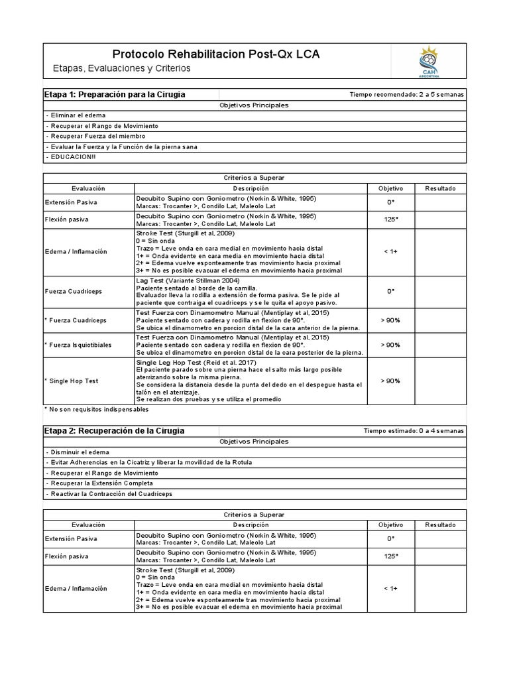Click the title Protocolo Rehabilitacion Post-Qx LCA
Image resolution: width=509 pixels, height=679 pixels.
pyautogui.click(x=215, y=54)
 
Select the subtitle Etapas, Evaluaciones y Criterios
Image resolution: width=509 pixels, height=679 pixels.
pyautogui.click(x=121, y=68)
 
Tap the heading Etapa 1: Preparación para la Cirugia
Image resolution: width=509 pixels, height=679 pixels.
pyautogui.click(x=115, y=94)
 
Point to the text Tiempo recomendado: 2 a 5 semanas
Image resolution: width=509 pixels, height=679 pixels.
pyautogui.click(x=407, y=95)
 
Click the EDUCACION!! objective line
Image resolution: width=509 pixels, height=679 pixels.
pyautogui.click(x=71, y=156)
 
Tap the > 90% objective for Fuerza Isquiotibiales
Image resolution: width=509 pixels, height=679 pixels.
pyautogui.click(x=390, y=345)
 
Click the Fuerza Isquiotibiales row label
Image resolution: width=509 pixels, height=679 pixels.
pyautogui.click(x=78, y=345)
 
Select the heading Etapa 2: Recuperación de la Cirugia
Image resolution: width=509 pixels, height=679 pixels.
pyautogui.click(x=114, y=430)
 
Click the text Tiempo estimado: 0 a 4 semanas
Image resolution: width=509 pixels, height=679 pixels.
pyautogui.click(x=414, y=431)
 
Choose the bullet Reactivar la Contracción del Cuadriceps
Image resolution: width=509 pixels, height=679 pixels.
pyautogui.click(x=109, y=494)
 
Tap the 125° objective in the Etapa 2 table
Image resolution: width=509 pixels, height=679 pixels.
pyautogui.click(x=390, y=556)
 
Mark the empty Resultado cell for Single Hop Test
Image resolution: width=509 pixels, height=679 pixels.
pyautogui.click(x=440, y=381)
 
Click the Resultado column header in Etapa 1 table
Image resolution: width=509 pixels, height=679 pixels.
pyautogui.click(x=440, y=188)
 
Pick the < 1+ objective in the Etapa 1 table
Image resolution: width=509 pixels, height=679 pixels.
pyautogui.click(x=390, y=251)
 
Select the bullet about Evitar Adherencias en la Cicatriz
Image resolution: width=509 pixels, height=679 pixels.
pyautogui.click(x=149, y=462)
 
